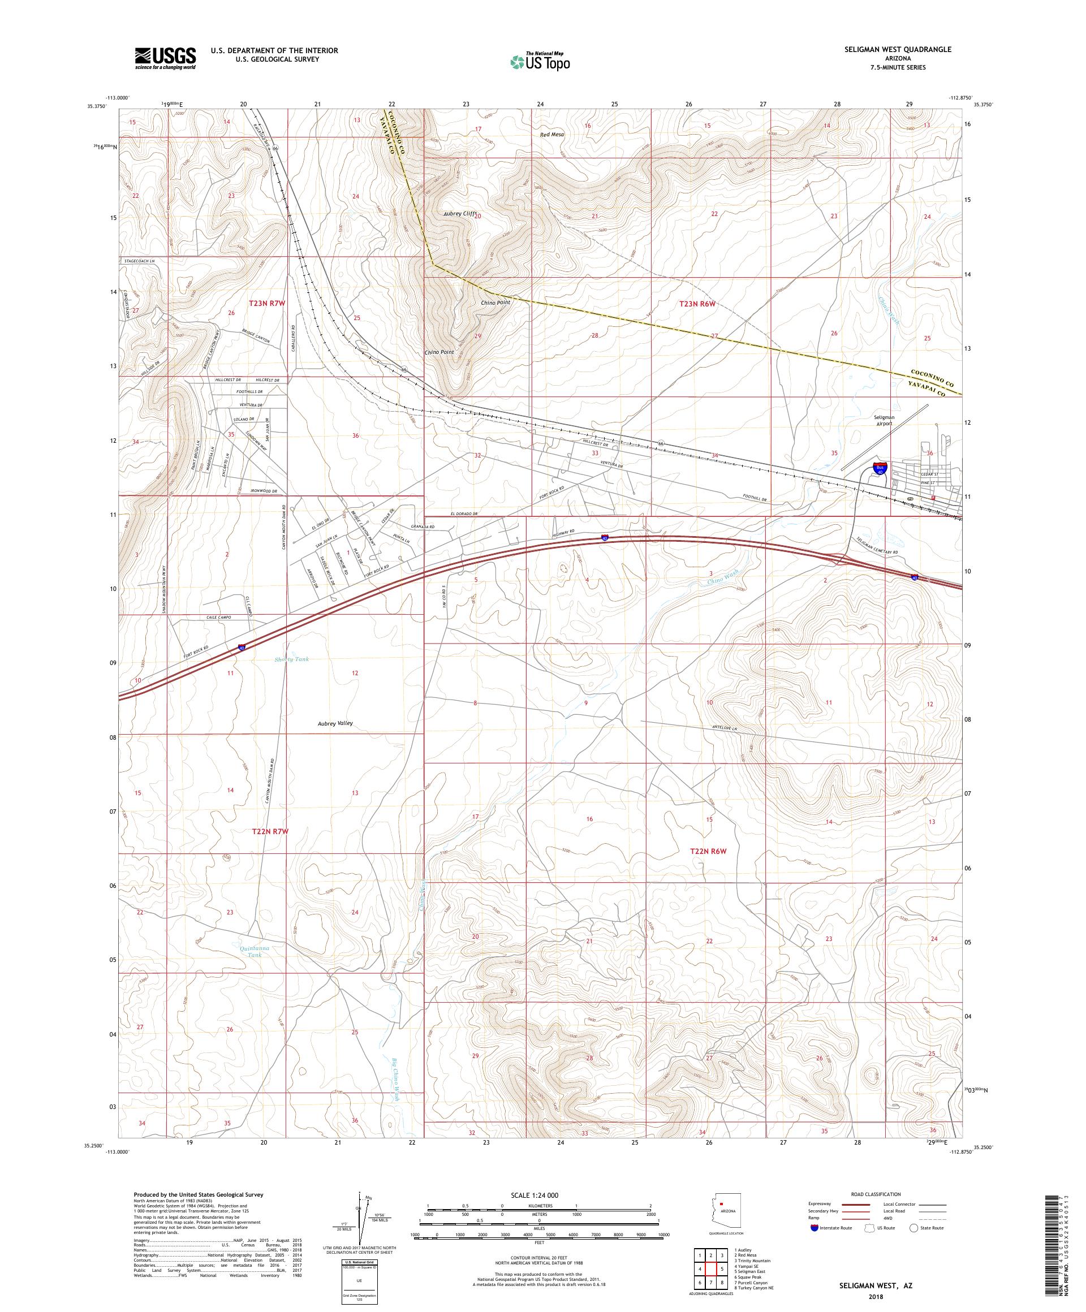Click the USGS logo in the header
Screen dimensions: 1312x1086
pyautogui.click(x=165, y=58)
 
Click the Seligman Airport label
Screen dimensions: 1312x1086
pyautogui.click(x=884, y=420)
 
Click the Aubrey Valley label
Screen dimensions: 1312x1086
pyautogui.click(x=335, y=723)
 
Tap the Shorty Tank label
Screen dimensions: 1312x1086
pyautogui.click(x=291, y=659)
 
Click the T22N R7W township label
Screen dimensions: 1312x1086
pyautogui.click(x=270, y=831)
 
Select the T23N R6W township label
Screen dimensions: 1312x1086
pyautogui.click(x=697, y=304)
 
